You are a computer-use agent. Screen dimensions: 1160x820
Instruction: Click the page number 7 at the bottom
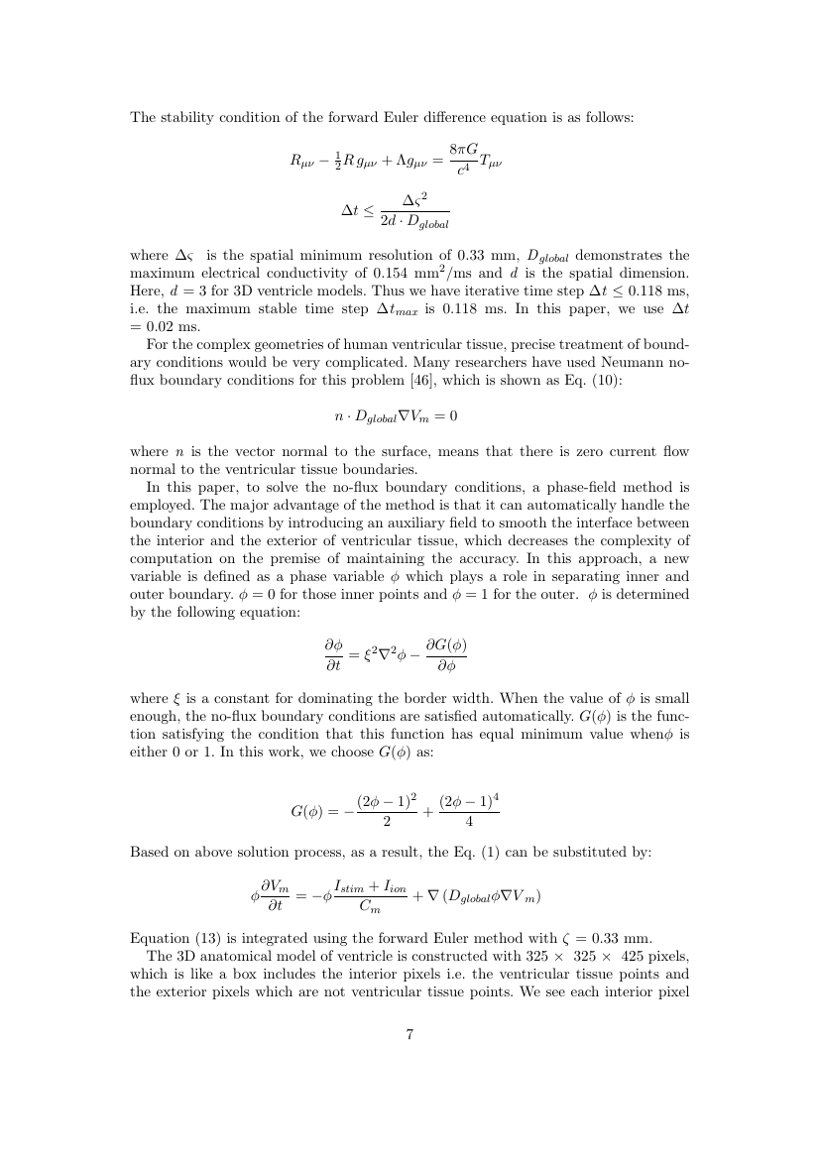410,1035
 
